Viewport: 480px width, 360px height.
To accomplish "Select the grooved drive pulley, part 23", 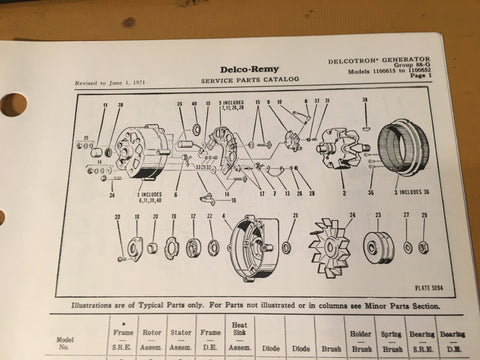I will [x=377, y=249].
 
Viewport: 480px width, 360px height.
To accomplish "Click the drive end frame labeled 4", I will [x=251, y=251].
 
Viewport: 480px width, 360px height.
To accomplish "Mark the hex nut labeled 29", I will [x=425, y=246].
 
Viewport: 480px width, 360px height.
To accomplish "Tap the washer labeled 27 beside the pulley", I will [x=407, y=246].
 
